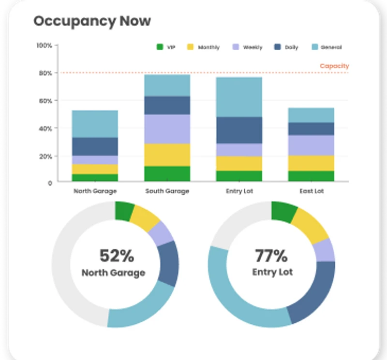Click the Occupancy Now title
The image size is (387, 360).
coord(92,21)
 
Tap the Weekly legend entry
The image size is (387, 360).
coord(248,47)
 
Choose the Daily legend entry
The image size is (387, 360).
coord(287,47)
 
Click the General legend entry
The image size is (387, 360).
coord(327,47)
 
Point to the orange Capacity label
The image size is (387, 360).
coord(334,66)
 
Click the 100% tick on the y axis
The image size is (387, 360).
coord(45,45)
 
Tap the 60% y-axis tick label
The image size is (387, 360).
coord(45,101)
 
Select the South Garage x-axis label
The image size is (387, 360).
coord(167,191)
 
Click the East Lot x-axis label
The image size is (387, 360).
coord(311,191)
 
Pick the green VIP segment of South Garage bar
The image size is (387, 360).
coord(167,173)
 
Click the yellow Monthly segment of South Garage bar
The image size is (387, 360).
coord(167,155)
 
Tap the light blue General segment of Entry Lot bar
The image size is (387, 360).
coord(239,97)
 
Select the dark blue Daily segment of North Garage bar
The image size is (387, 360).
coord(95,146)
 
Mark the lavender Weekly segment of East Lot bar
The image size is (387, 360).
coord(311,145)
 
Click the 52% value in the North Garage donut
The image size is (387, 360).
coord(117,255)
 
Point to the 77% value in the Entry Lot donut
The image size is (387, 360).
coord(271,255)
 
